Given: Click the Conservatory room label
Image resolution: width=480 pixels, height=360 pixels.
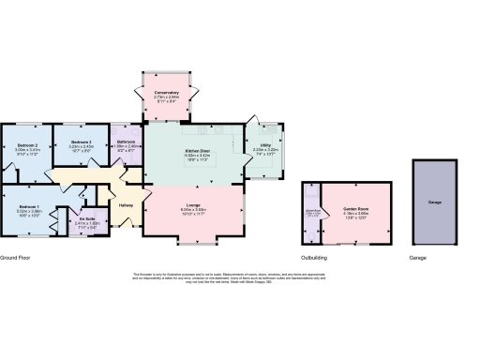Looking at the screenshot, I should click(167, 92).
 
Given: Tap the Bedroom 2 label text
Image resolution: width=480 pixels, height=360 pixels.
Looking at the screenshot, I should click(28, 145).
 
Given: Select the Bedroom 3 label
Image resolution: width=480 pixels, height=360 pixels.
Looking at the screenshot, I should click(83, 142).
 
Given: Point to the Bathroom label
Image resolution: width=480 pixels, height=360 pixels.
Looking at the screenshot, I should click(126, 141).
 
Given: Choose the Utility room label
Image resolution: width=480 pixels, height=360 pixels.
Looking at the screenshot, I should click(266, 145).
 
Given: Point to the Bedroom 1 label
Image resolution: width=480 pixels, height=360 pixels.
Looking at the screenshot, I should click(28, 205).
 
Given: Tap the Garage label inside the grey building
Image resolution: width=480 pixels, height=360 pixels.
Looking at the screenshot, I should click(435, 202).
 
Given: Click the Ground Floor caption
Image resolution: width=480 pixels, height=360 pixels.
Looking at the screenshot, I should click(16, 256).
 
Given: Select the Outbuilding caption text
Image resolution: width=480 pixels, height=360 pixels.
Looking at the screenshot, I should click(314, 256).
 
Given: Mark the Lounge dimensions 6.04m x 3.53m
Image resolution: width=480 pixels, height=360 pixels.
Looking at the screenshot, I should click(193, 209).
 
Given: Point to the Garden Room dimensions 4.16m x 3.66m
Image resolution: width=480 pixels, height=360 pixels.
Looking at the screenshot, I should click(355, 214).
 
